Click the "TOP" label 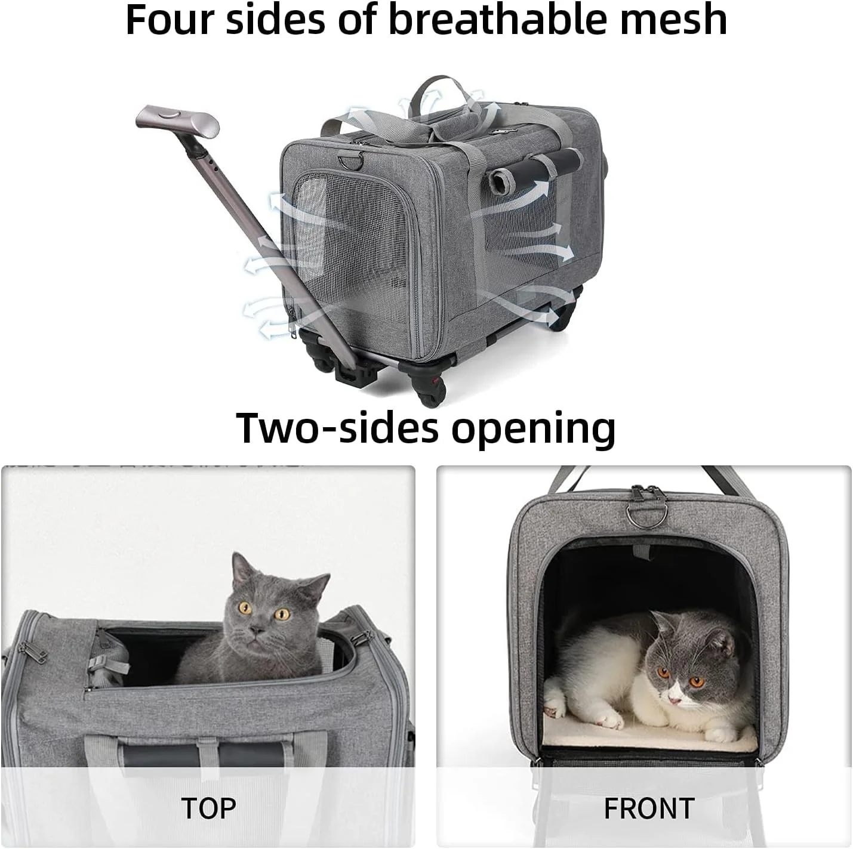[x=208, y=808]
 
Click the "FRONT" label [x=649, y=808]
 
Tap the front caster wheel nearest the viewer [x=427, y=390]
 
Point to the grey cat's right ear [x=316, y=584]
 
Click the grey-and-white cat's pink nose [x=674, y=700]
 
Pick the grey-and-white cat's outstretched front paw [x=609, y=720]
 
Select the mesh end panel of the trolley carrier [x=350, y=241]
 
